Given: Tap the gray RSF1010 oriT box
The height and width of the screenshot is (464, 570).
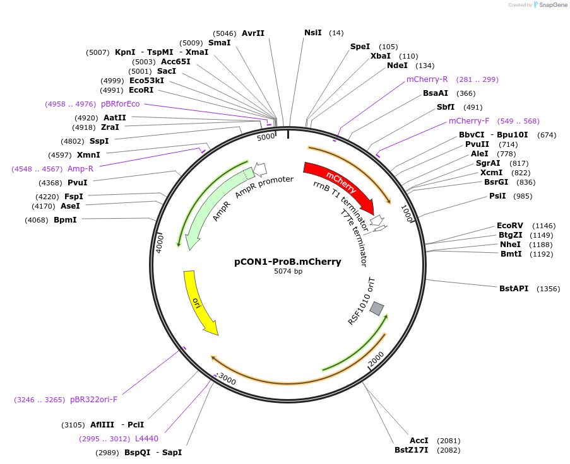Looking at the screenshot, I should [x=377, y=308].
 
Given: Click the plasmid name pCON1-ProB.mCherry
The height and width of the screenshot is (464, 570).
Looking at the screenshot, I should [x=288, y=262].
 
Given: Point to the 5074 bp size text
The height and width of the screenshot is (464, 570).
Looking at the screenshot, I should [x=288, y=272].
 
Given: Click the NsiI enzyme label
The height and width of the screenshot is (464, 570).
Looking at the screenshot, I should [x=312, y=33].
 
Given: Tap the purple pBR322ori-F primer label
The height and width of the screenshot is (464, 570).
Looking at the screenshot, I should [x=93, y=399].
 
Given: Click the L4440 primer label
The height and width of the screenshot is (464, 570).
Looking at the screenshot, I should [x=146, y=438].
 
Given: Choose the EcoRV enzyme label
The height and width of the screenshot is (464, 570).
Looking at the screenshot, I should [x=509, y=226].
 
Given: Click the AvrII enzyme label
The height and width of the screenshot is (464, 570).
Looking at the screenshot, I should [x=253, y=33].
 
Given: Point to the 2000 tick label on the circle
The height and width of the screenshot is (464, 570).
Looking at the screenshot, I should [x=376, y=359].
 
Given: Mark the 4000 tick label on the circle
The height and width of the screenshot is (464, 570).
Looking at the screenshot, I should [x=160, y=243].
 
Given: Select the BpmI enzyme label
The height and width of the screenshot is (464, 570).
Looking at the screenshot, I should [x=65, y=220].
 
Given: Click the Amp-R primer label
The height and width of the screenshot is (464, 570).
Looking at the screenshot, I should [x=80, y=169].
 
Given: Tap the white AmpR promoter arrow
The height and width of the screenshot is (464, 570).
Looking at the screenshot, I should [x=259, y=168].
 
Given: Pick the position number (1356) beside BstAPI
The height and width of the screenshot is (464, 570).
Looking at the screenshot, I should [x=548, y=289].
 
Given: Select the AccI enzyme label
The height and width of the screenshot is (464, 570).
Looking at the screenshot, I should [x=419, y=440].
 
